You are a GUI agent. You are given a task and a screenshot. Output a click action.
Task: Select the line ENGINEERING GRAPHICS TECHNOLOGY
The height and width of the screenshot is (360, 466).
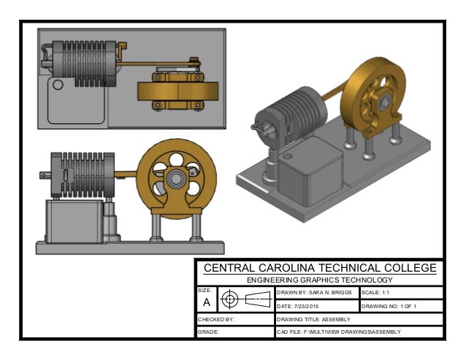point(320,280)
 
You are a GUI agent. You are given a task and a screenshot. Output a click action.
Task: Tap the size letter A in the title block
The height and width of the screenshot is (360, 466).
point(206,302)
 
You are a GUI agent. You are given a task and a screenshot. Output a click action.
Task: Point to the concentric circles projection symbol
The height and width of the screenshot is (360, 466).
point(230,299)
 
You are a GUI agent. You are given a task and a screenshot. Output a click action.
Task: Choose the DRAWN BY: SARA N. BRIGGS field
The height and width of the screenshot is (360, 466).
point(315,292)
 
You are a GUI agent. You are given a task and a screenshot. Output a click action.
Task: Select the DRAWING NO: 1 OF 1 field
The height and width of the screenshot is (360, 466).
point(389,306)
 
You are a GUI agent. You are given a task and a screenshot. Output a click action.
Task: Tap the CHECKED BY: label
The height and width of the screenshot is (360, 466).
point(215,319)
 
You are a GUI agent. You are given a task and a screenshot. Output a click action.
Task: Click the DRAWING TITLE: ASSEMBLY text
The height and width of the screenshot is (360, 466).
point(314,319)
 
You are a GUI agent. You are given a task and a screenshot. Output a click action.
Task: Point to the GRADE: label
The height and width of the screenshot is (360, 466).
point(209,333)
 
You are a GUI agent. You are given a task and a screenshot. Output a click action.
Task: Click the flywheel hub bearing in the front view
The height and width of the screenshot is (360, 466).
point(176,179)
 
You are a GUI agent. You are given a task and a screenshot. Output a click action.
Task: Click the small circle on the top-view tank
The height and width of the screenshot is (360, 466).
point(58,85)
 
